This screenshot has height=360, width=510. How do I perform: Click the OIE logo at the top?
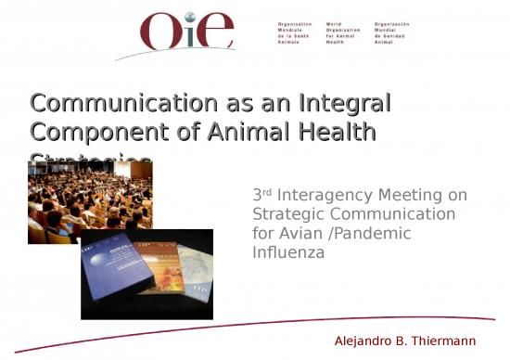tap(187, 32)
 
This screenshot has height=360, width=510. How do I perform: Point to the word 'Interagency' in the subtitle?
tap(325, 195)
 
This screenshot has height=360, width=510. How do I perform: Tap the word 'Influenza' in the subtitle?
tap(288, 252)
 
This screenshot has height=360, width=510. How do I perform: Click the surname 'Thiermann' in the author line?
tap(453, 341)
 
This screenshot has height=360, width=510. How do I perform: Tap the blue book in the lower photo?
tap(121, 271)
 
